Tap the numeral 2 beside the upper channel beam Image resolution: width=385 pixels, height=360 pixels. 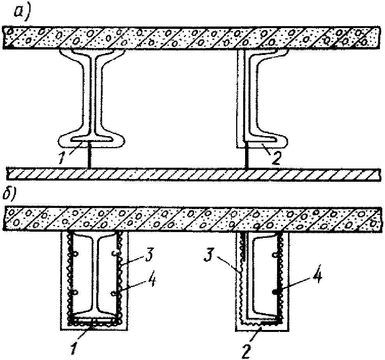277,158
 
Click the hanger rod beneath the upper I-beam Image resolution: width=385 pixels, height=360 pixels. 90,155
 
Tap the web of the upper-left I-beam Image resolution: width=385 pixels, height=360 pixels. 93,94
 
